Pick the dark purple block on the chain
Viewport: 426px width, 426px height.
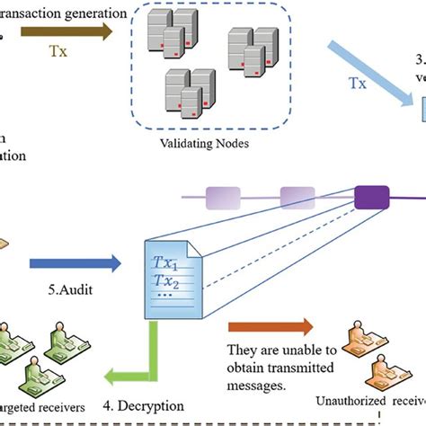[x=368, y=196]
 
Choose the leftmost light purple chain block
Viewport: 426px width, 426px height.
[x=225, y=197]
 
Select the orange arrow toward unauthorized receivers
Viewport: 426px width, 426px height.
[x=270, y=326]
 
